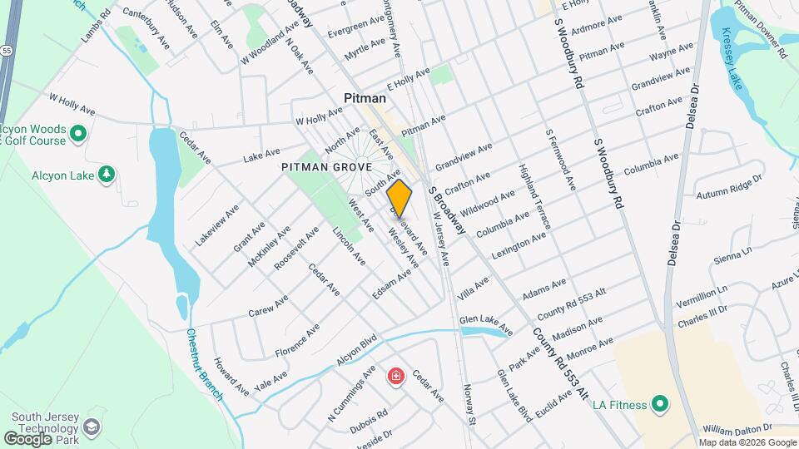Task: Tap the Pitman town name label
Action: coord(365,99)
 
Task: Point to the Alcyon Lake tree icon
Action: coord(106,174)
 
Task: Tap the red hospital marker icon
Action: coord(396,377)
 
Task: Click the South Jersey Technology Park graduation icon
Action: coord(92,427)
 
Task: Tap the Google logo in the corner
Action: coord(28,438)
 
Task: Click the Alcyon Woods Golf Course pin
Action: coord(79,133)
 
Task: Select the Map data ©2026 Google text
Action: coord(747,442)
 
